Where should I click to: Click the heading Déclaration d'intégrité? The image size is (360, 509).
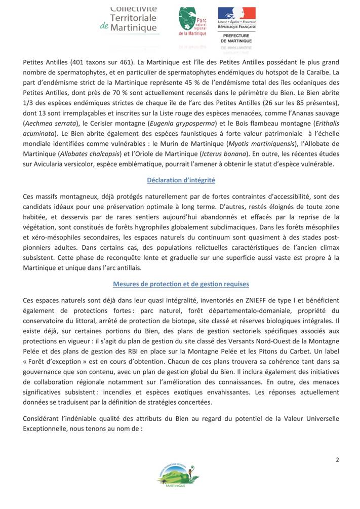coord(181,180)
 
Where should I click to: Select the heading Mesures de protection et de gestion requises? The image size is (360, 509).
coord(181,284)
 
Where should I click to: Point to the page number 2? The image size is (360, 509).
coord(337,459)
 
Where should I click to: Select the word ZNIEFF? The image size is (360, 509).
coord(223,300)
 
